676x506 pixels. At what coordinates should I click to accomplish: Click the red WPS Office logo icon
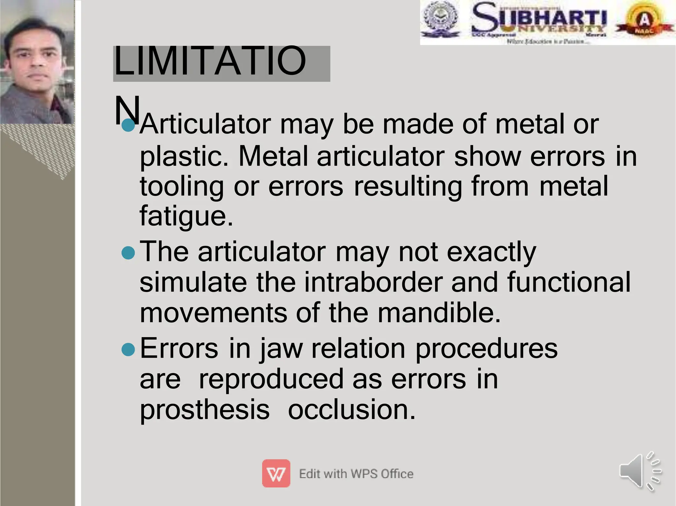point(276,473)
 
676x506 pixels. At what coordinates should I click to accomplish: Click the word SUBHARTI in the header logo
point(539,17)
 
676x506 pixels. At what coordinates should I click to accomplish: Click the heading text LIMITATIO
point(210,61)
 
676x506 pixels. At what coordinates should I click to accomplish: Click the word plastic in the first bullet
point(184,156)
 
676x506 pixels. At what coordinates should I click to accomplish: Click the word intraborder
point(373,282)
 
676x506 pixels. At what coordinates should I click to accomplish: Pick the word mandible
point(439,312)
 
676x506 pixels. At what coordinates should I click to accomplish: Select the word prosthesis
point(205,409)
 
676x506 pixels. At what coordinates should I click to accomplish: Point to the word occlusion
point(351,409)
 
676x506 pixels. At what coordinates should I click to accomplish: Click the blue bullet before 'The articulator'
point(128,253)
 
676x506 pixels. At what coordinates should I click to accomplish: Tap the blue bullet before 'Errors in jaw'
point(128,350)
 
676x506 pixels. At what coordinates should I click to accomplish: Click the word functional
point(569,282)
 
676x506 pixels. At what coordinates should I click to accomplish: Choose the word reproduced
point(271,379)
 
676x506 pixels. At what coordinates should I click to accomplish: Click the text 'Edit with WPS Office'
point(356,474)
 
